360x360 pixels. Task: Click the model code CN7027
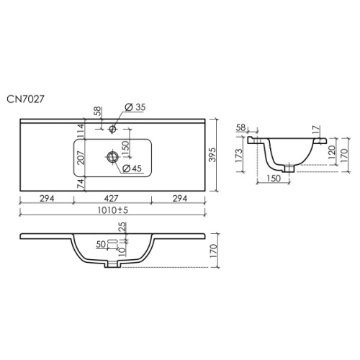tap(25, 99)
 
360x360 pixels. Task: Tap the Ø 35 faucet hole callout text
tap(135, 107)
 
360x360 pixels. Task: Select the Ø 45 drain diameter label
tap(132, 168)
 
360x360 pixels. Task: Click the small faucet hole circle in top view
tap(112, 129)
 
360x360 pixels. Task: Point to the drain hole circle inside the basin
tap(112, 157)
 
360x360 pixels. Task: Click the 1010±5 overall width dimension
tap(112, 210)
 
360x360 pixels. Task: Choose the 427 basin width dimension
tap(112, 199)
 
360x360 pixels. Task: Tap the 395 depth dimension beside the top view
tap(212, 155)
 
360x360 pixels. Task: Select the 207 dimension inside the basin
tap(81, 158)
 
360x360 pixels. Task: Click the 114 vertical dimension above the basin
tap(81, 131)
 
